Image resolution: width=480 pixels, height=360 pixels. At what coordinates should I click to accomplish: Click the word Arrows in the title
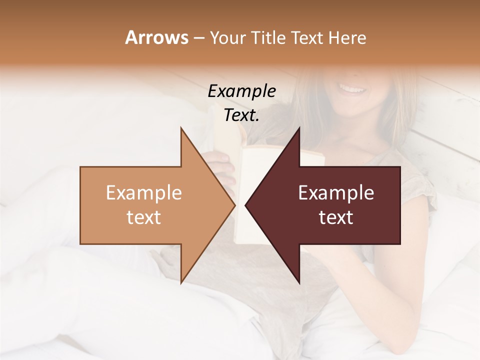pos(156,37)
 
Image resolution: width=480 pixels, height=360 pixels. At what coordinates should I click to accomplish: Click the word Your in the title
pos(227,38)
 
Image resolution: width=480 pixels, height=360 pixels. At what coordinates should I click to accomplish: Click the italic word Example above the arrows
pos(241,91)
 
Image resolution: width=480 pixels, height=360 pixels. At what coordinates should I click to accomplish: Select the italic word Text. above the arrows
pos(241,115)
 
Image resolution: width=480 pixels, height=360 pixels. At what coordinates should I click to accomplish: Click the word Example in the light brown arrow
pos(144,193)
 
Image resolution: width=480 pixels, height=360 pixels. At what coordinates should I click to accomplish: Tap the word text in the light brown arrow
pos(144,217)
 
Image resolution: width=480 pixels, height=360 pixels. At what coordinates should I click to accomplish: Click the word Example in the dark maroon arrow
pos(336,193)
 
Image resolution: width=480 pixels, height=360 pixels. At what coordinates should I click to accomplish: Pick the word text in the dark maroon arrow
pos(336,217)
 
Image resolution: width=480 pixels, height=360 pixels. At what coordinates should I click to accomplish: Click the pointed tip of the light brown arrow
pos(234,205)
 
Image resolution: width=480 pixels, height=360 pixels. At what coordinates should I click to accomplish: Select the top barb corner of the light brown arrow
pos(181,129)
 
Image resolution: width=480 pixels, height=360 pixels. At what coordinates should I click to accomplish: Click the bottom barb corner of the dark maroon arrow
pos(299,282)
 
